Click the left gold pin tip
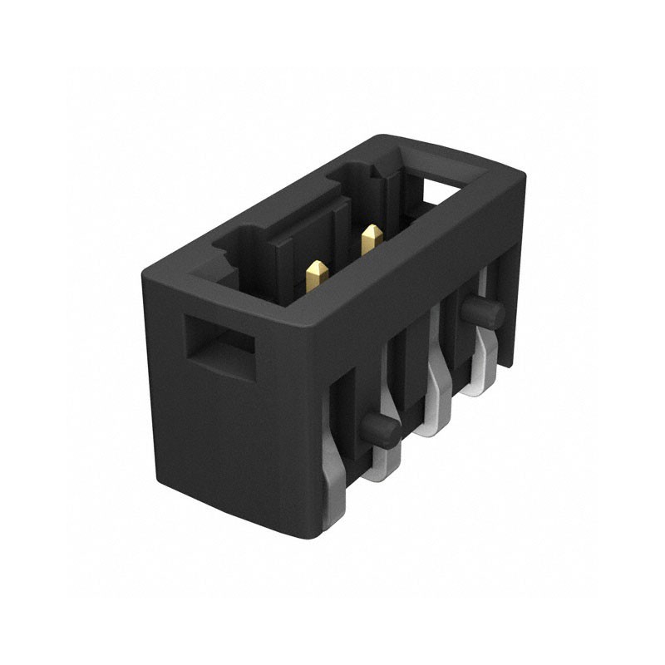coord(316,272)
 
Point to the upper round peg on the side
coord(483,313)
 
